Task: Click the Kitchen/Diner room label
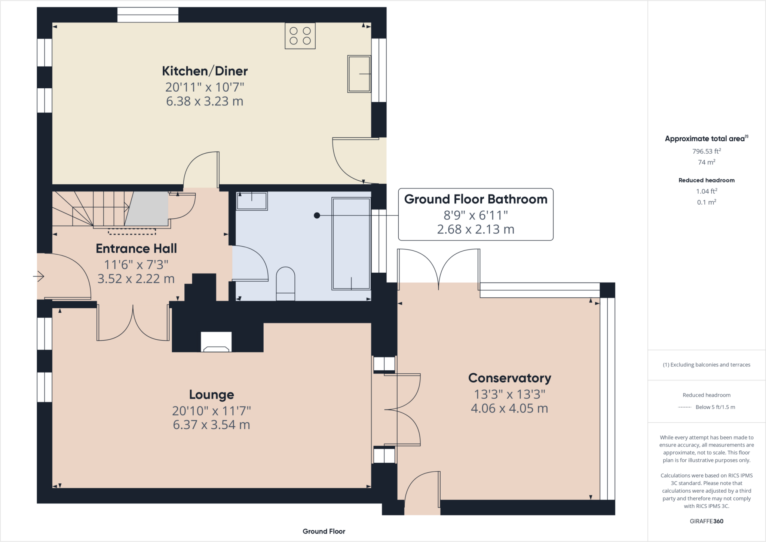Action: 205,71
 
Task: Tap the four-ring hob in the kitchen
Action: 300,36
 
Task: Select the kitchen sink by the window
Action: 359,74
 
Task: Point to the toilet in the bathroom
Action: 285,284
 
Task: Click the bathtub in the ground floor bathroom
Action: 351,244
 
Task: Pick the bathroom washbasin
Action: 252,201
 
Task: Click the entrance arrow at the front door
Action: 39,276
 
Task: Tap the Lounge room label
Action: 211,395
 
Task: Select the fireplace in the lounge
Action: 216,342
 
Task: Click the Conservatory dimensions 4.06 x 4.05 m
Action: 509,408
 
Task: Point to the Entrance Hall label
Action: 136,249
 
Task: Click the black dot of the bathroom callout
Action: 317,215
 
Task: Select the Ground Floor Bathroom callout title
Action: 475,199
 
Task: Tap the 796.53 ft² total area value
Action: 706,151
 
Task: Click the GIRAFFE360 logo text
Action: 706,521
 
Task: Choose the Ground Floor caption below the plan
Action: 324,531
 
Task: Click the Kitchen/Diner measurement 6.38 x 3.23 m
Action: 205,101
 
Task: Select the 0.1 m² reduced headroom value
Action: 706,202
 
